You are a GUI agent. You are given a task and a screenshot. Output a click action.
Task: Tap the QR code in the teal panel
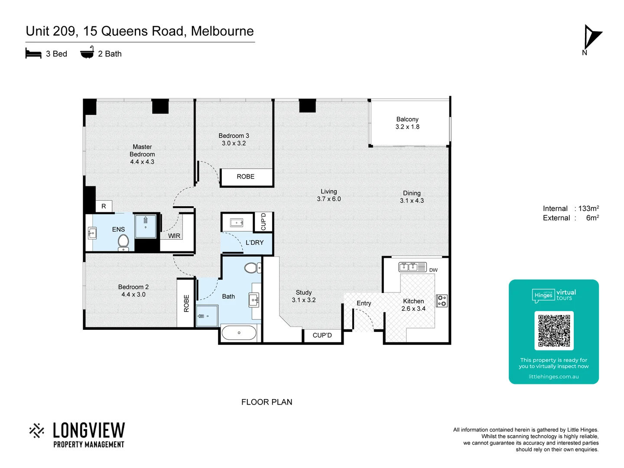[554, 331]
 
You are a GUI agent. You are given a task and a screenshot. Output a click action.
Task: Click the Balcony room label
[407, 119]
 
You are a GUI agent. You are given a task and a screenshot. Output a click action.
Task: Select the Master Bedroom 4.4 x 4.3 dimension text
[142, 162]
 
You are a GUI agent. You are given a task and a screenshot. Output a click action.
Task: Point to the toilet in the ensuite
[123, 242]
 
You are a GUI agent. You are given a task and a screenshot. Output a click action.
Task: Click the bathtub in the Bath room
[239, 333]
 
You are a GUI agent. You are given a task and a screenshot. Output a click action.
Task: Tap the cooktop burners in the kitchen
[442, 300]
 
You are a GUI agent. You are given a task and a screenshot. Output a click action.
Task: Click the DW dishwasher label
[433, 270]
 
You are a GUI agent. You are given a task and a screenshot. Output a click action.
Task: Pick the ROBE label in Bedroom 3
[246, 177]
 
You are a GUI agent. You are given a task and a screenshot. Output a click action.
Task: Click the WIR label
[174, 236]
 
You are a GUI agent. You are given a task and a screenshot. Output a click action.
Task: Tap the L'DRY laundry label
[254, 243]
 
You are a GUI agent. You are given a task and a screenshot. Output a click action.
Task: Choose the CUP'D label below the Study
[322, 335]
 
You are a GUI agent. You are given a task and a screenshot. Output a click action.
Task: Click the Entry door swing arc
[366, 318]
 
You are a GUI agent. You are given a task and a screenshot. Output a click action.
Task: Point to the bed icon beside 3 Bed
[33, 54]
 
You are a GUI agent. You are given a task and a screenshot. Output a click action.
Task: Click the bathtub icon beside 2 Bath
[87, 53]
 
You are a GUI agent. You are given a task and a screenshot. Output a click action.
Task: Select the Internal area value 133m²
[588, 208]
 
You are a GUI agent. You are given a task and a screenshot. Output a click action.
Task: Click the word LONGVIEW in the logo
[89, 431]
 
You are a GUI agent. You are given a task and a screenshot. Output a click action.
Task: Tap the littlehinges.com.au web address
[553, 377]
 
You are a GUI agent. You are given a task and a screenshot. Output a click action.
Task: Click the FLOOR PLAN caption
[266, 402]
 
